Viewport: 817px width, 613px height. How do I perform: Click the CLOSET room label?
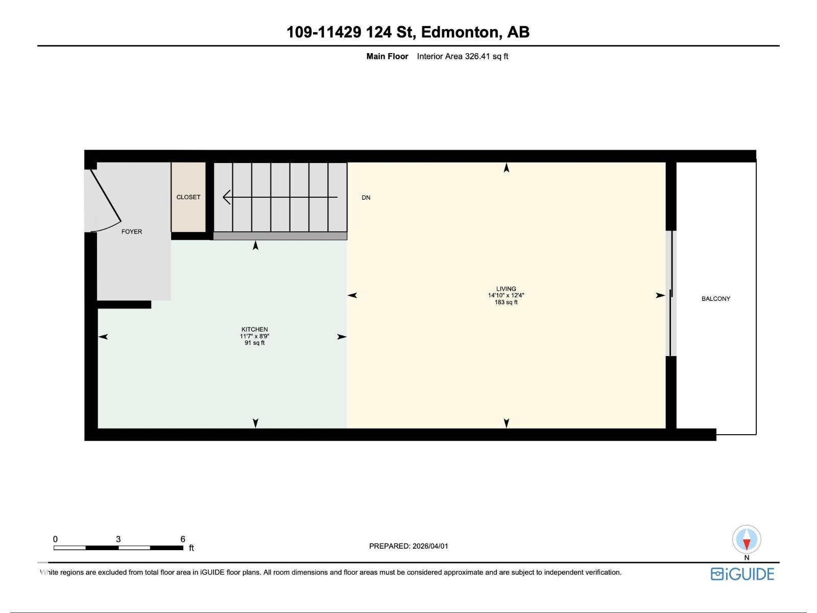point(188,197)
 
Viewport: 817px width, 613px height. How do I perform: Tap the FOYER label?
point(132,231)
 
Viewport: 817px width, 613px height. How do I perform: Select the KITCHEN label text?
point(255,329)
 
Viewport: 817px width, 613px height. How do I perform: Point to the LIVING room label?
point(506,289)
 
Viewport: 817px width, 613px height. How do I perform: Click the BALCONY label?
point(716,299)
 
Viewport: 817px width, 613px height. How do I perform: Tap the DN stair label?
point(366,198)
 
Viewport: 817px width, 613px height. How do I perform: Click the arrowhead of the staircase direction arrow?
point(226,197)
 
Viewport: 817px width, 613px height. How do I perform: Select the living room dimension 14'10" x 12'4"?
point(506,295)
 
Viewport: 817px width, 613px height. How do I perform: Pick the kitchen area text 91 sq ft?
point(255,343)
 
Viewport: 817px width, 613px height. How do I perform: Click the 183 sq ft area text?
point(506,302)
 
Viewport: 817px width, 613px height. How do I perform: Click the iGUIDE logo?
point(742,574)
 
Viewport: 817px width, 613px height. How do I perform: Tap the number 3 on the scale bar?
point(118,539)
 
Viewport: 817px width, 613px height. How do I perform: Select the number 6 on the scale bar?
point(183,539)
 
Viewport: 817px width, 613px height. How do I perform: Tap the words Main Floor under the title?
point(387,57)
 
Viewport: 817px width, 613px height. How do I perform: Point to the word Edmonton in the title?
point(460,32)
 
